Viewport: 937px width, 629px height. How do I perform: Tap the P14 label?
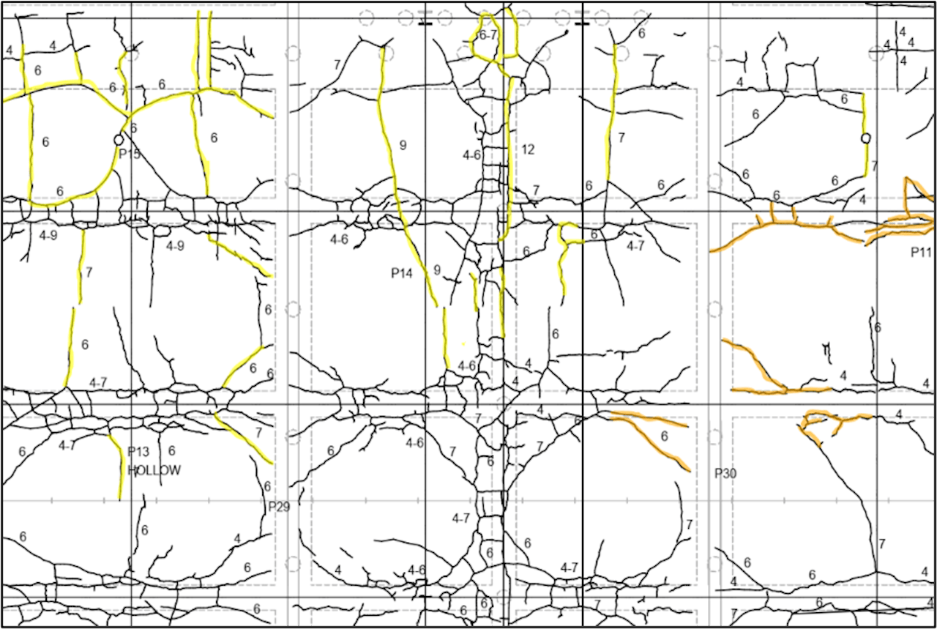402,273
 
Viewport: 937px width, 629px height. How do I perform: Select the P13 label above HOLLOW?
138,452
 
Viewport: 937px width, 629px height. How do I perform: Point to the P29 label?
279,506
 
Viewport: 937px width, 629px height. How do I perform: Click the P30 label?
725,474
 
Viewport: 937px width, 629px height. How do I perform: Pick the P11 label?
920,253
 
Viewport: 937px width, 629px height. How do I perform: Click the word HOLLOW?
154,470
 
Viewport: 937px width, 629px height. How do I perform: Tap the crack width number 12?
528,149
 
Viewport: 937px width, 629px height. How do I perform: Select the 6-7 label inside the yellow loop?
488,35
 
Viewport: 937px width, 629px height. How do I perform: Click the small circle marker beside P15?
119,139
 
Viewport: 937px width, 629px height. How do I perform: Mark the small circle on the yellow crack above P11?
866,138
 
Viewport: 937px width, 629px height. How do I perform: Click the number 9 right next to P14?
437,270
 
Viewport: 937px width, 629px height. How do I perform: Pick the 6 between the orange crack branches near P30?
664,436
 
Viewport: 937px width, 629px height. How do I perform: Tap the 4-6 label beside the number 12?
472,155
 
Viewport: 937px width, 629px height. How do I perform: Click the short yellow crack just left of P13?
118,469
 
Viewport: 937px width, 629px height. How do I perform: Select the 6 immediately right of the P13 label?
171,451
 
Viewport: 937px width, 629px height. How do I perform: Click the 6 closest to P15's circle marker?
133,128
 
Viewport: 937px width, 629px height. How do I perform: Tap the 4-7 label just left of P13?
67,444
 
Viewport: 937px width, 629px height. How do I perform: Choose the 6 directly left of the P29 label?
267,486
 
